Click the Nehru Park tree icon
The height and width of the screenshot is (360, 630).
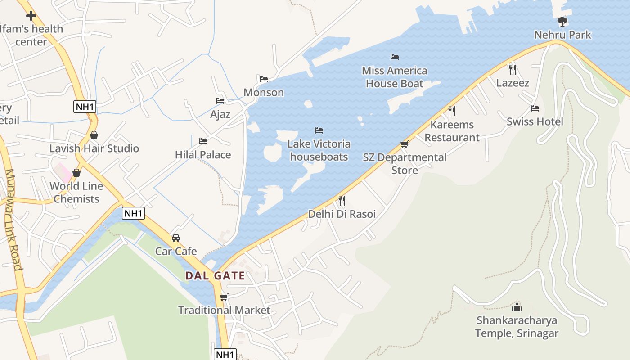point(562,21)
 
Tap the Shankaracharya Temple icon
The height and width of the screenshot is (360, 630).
point(517,307)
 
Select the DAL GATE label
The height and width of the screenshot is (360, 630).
point(215,276)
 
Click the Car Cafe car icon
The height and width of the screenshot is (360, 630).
point(176,238)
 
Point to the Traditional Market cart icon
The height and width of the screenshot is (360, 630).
point(224,297)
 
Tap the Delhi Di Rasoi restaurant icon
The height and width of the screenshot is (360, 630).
point(342,200)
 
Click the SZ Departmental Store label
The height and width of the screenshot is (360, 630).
point(405,164)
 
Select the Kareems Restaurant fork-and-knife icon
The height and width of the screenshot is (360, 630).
point(452,111)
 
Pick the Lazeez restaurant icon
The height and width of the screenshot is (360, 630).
point(512,69)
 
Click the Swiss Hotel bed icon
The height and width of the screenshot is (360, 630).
point(535,108)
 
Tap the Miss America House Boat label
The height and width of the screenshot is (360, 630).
point(395,77)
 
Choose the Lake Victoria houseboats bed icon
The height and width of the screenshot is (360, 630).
point(319,130)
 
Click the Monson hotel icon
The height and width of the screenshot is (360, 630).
point(264,79)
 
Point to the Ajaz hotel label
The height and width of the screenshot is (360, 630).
point(220,114)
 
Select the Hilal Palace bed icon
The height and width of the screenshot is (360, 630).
point(203,141)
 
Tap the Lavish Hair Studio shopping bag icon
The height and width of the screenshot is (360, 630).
point(94,135)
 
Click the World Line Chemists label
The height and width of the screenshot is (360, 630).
point(76,193)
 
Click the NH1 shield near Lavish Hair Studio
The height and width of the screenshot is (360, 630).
point(85,107)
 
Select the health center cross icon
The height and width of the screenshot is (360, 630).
point(31,16)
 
